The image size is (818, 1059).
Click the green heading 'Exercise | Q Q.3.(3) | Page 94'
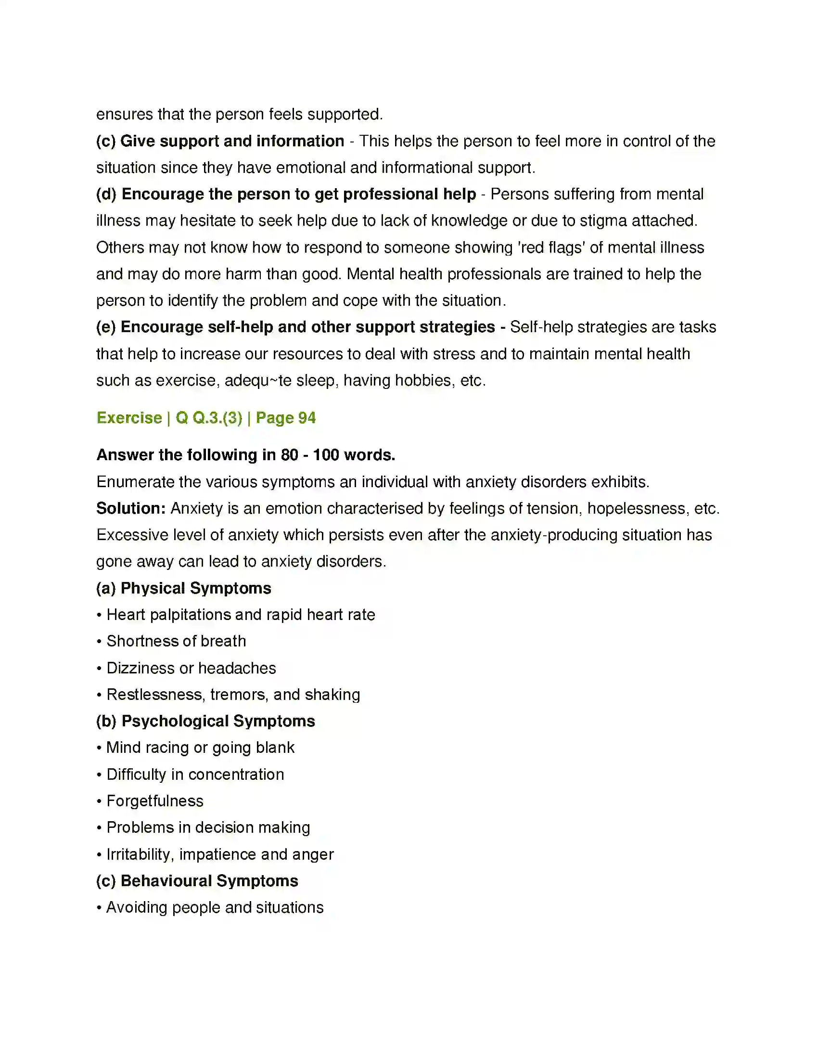206,418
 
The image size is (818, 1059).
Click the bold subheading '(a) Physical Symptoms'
184,588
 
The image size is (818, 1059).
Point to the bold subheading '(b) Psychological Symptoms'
205,721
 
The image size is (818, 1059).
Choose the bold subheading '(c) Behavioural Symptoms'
197,880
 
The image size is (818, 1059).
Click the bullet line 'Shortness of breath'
176,641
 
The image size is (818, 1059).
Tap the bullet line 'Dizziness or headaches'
191,668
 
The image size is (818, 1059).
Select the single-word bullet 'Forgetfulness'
154,801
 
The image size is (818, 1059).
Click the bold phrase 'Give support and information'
232,141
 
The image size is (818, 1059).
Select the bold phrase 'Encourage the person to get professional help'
298,194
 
